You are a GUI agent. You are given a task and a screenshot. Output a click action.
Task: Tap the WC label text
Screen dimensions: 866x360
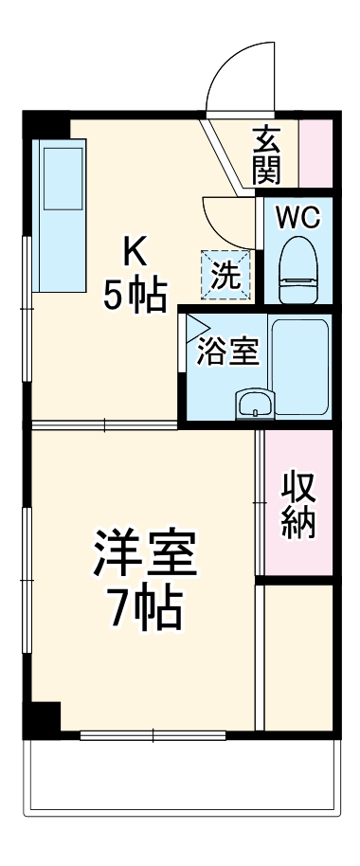297,218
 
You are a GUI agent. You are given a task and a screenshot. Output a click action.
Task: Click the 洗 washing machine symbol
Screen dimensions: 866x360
225,275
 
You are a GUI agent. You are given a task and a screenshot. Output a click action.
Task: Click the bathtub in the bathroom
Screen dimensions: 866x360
299,365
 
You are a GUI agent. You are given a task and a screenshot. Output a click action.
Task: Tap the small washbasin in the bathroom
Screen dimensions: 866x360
254,405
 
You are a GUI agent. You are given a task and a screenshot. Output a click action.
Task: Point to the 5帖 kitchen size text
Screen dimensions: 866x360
133,297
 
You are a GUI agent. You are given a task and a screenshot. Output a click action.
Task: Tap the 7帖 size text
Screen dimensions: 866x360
143,610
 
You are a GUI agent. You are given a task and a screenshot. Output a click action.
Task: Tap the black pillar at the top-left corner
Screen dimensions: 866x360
45,124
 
